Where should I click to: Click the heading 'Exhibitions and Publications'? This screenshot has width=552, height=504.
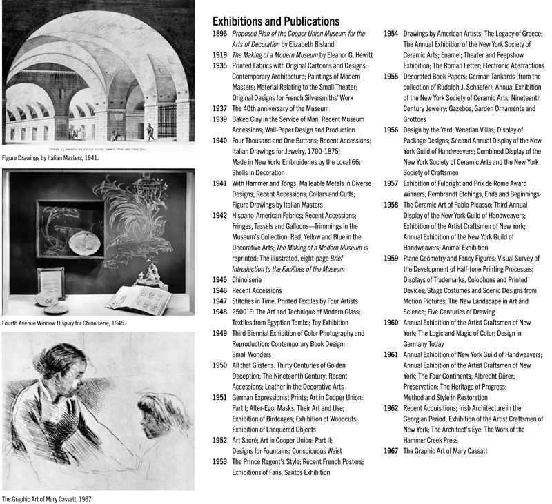click(x=275, y=21)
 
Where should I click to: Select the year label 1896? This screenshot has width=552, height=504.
click(x=219, y=33)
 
